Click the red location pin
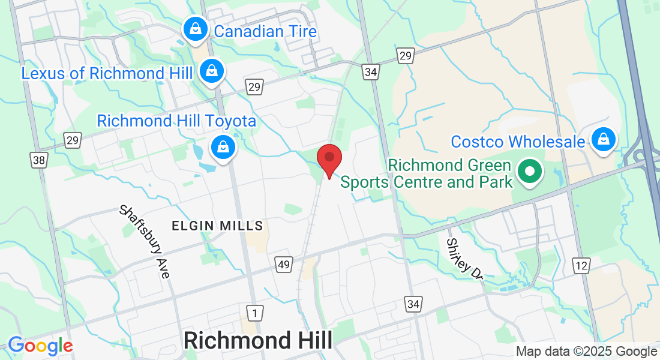329,160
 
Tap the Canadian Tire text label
265,31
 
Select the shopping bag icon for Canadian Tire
196,28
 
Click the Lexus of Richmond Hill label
107,74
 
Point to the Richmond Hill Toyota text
176,121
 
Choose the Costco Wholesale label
518,142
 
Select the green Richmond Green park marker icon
530,171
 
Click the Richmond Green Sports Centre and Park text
427,173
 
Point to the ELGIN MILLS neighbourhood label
218,226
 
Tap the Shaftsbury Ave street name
145,241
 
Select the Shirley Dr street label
464,259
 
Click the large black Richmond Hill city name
258,340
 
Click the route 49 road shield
284,264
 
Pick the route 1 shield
254,312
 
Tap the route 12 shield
580,266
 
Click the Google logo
40,346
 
